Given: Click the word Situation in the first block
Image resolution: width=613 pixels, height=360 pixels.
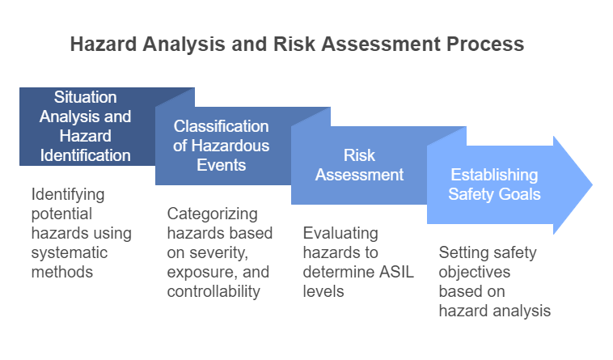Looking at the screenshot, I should point(87,97).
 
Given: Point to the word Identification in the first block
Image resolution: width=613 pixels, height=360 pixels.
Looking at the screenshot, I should point(87,155).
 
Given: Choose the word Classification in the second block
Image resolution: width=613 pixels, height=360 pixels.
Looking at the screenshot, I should point(222,126).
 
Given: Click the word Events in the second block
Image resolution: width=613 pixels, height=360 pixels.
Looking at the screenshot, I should point(222,165).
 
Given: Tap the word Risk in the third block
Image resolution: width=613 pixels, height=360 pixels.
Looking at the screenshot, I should point(359,155).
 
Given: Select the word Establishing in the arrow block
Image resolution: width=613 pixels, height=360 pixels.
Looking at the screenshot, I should point(494,175).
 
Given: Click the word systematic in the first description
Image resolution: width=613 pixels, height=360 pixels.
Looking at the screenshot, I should point(69,252).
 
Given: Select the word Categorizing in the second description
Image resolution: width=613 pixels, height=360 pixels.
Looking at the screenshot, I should point(213,214).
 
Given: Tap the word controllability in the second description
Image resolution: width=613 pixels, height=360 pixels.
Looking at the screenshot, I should point(213,291).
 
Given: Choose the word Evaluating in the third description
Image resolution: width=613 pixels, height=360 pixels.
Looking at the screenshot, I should point(340,233).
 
